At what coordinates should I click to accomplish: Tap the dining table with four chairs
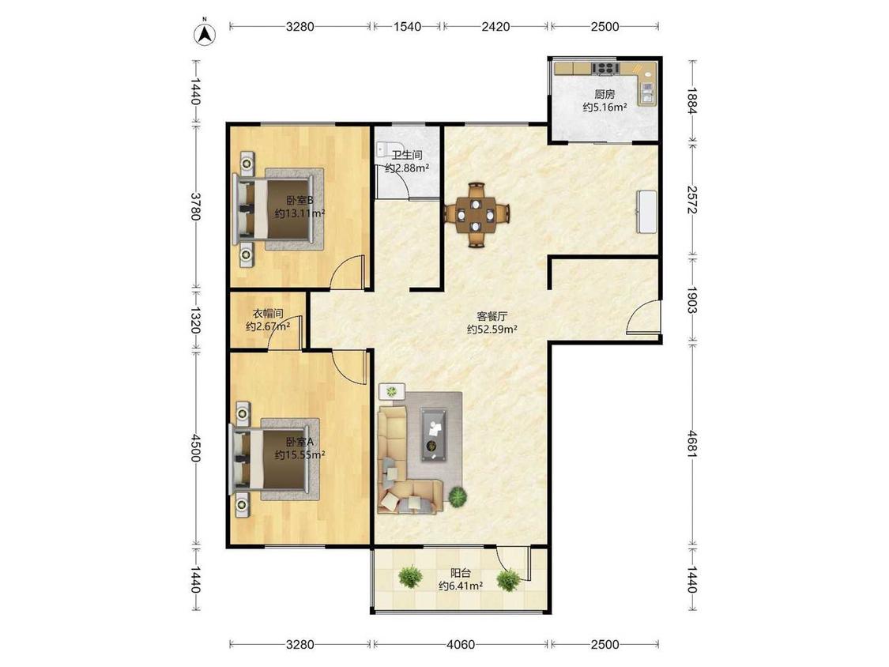point(477,215)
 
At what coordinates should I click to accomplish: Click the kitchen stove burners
point(605,69)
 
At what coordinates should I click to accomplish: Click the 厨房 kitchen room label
point(605,95)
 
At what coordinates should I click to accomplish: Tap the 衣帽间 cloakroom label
point(268,314)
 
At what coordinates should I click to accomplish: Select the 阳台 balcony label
point(461,574)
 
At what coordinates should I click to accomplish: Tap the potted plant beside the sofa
point(457,497)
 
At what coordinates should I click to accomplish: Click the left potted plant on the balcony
point(410,577)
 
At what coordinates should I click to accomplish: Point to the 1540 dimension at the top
point(407,26)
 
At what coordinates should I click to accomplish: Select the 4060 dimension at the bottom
point(461,644)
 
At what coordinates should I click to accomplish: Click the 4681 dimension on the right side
point(691,444)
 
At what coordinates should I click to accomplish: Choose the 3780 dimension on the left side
point(195,206)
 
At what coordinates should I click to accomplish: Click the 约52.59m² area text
point(492,329)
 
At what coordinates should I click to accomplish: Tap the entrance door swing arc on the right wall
point(637,315)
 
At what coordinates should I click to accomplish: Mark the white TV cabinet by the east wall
point(647,211)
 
